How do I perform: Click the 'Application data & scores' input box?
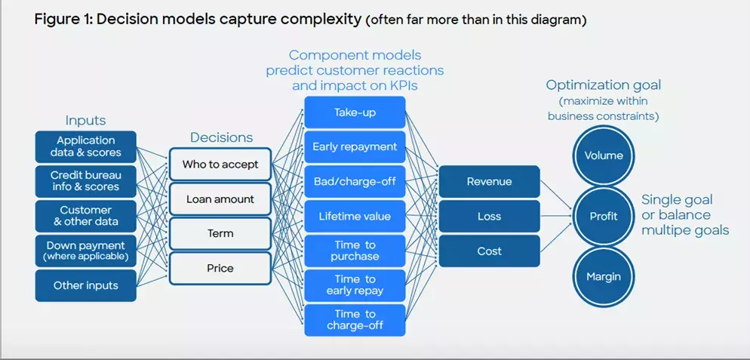tap(86, 146)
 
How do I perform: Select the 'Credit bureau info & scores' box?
tap(86, 181)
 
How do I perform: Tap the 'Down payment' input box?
tap(86, 251)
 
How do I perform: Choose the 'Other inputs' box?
tap(86, 285)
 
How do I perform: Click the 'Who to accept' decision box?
tap(220, 165)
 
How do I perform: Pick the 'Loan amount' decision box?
tap(220, 199)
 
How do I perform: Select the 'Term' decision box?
tap(220, 234)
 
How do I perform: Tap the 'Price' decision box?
tap(220, 269)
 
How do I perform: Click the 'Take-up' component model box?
tap(355, 112)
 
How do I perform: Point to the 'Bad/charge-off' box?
tap(355, 182)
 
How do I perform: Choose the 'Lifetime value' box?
tap(355, 217)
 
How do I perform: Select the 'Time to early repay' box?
tap(355, 285)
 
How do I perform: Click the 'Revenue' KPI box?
tap(489, 182)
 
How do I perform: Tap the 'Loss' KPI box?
tap(489, 217)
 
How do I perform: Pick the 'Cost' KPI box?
tap(489, 251)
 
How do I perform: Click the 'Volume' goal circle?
tap(604, 156)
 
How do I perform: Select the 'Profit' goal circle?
tap(604, 217)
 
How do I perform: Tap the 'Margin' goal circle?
tap(604, 276)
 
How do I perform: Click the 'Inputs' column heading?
tap(86, 121)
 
